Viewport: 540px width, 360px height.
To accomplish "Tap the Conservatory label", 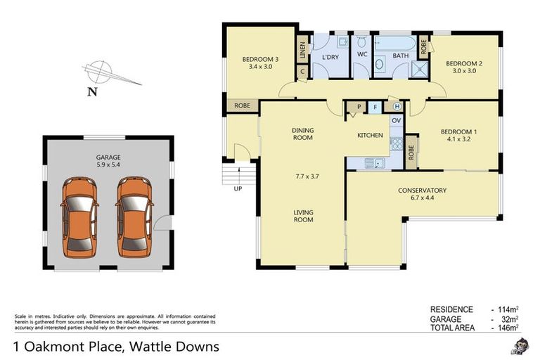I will click(422, 190).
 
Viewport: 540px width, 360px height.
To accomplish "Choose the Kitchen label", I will click(370, 134).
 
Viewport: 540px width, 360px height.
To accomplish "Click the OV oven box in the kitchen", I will click(396, 120).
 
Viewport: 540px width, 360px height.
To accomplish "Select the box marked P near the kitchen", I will click(359, 107).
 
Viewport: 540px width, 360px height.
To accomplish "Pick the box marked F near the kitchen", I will click(377, 107).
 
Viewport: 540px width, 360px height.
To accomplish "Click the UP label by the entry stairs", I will click(237, 188).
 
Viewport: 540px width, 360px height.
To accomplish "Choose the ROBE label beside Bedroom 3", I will click(242, 106).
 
